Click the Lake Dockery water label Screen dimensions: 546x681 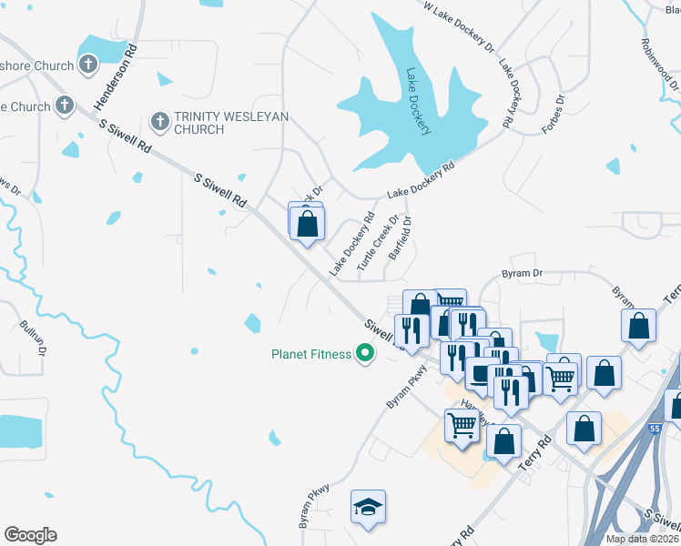pos(418,101)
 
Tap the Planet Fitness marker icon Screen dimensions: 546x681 pos(365,353)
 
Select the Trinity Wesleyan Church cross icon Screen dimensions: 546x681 pos(159,121)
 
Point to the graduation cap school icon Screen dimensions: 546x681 pos(368,508)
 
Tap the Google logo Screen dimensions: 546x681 pos(30,535)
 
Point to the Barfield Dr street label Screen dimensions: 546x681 pos(401,239)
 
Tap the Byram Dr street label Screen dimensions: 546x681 pos(522,273)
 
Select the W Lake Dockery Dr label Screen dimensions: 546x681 pos(459,27)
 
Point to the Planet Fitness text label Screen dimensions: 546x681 pos(311,354)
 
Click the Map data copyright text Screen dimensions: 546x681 pos(642,539)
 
